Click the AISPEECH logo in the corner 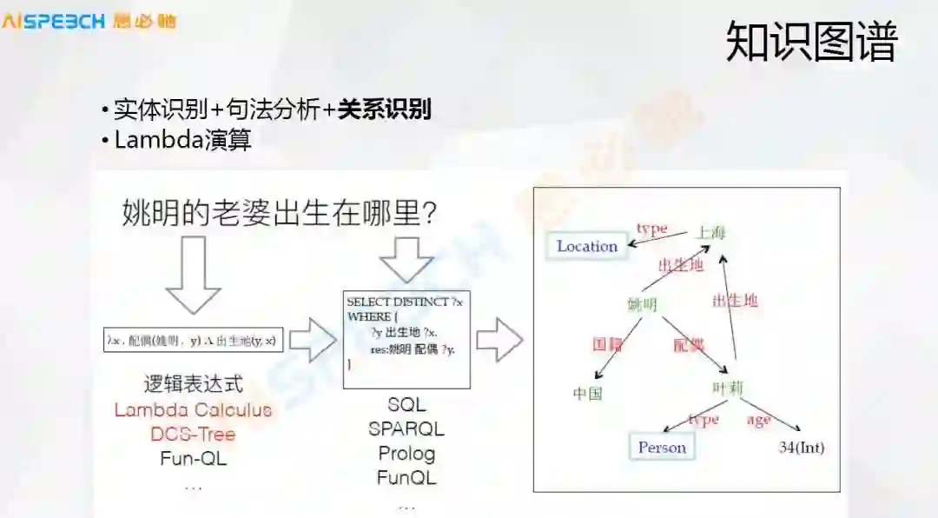coord(89,20)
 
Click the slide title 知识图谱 coord(810,42)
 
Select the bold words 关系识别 coord(384,110)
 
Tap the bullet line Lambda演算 coord(182,140)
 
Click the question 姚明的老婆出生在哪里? coord(279,212)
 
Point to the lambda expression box coord(193,340)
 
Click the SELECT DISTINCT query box coord(406,339)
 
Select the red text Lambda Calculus coord(193,409)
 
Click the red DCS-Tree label coord(193,434)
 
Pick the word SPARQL coord(406,428)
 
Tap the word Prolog coord(406,453)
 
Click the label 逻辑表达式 coord(193,384)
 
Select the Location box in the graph coord(587,246)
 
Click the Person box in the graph coord(662,448)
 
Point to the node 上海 coord(710,232)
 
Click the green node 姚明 coord(642,304)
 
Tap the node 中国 coord(587,393)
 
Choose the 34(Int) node coord(801,448)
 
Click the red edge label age coord(759,421)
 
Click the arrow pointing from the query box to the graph coord(499,340)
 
